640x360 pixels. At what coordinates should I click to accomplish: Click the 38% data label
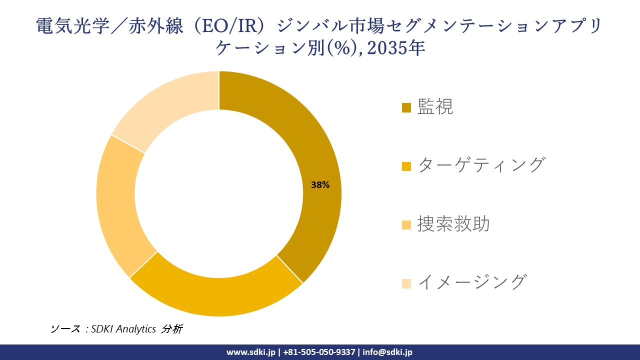pyautogui.click(x=320, y=185)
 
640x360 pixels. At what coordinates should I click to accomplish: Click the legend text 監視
pyautogui.click(x=435, y=106)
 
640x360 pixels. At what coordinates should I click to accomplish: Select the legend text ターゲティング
pyautogui.click(x=480, y=165)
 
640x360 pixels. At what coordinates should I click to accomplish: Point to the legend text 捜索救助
pyautogui.click(x=453, y=224)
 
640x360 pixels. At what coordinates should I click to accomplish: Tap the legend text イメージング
pyautogui.click(x=471, y=282)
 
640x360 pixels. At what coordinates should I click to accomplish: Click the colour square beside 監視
pyautogui.click(x=406, y=107)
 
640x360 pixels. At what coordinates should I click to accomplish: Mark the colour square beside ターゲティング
pyautogui.click(x=406, y=166)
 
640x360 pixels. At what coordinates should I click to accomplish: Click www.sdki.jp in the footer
pyautogui.click(x=251, y=352)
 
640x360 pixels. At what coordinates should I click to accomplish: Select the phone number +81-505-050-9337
pyautogui.click(x=319, y=352)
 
